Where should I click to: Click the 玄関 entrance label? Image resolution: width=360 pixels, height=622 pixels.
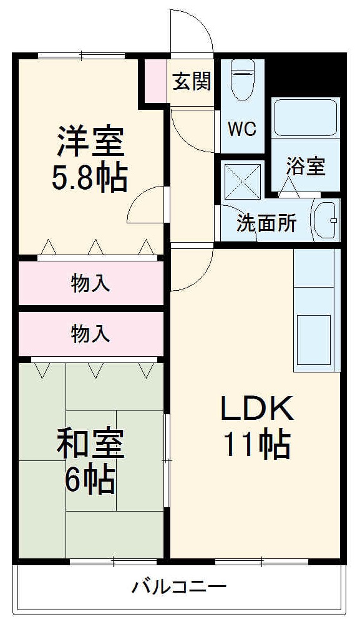(x=192, y=81)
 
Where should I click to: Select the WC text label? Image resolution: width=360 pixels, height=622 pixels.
(x=241, y=129)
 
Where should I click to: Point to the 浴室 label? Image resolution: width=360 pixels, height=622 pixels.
(x=306, y=167)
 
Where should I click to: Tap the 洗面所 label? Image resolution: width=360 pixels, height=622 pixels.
(x=266, y=224)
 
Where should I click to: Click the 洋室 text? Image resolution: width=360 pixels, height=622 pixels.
(x=90, y=142)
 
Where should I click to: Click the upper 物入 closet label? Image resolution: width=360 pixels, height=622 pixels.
(x=90, y=284)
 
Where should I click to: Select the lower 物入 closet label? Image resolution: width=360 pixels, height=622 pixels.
(x=90, y=334)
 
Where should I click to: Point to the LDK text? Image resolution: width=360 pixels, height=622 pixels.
(x=256, y=409)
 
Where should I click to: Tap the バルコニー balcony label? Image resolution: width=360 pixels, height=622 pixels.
(x=179, y=586)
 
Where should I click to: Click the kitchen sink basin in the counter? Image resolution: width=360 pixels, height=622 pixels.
(x=313, y=338)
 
